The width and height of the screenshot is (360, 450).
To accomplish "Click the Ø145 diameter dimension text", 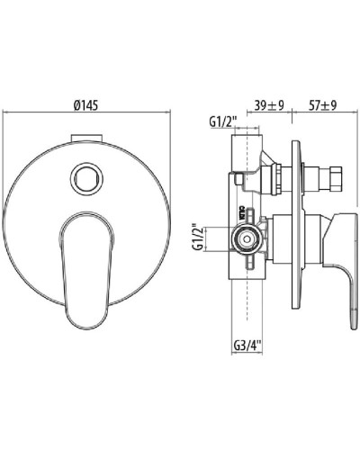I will tap(88, 104).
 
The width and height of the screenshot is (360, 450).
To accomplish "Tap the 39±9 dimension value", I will tap(269, 104).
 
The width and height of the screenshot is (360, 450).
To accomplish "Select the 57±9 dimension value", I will tap(323, 104).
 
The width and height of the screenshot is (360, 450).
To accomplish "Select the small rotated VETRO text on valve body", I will tap(242, 214).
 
